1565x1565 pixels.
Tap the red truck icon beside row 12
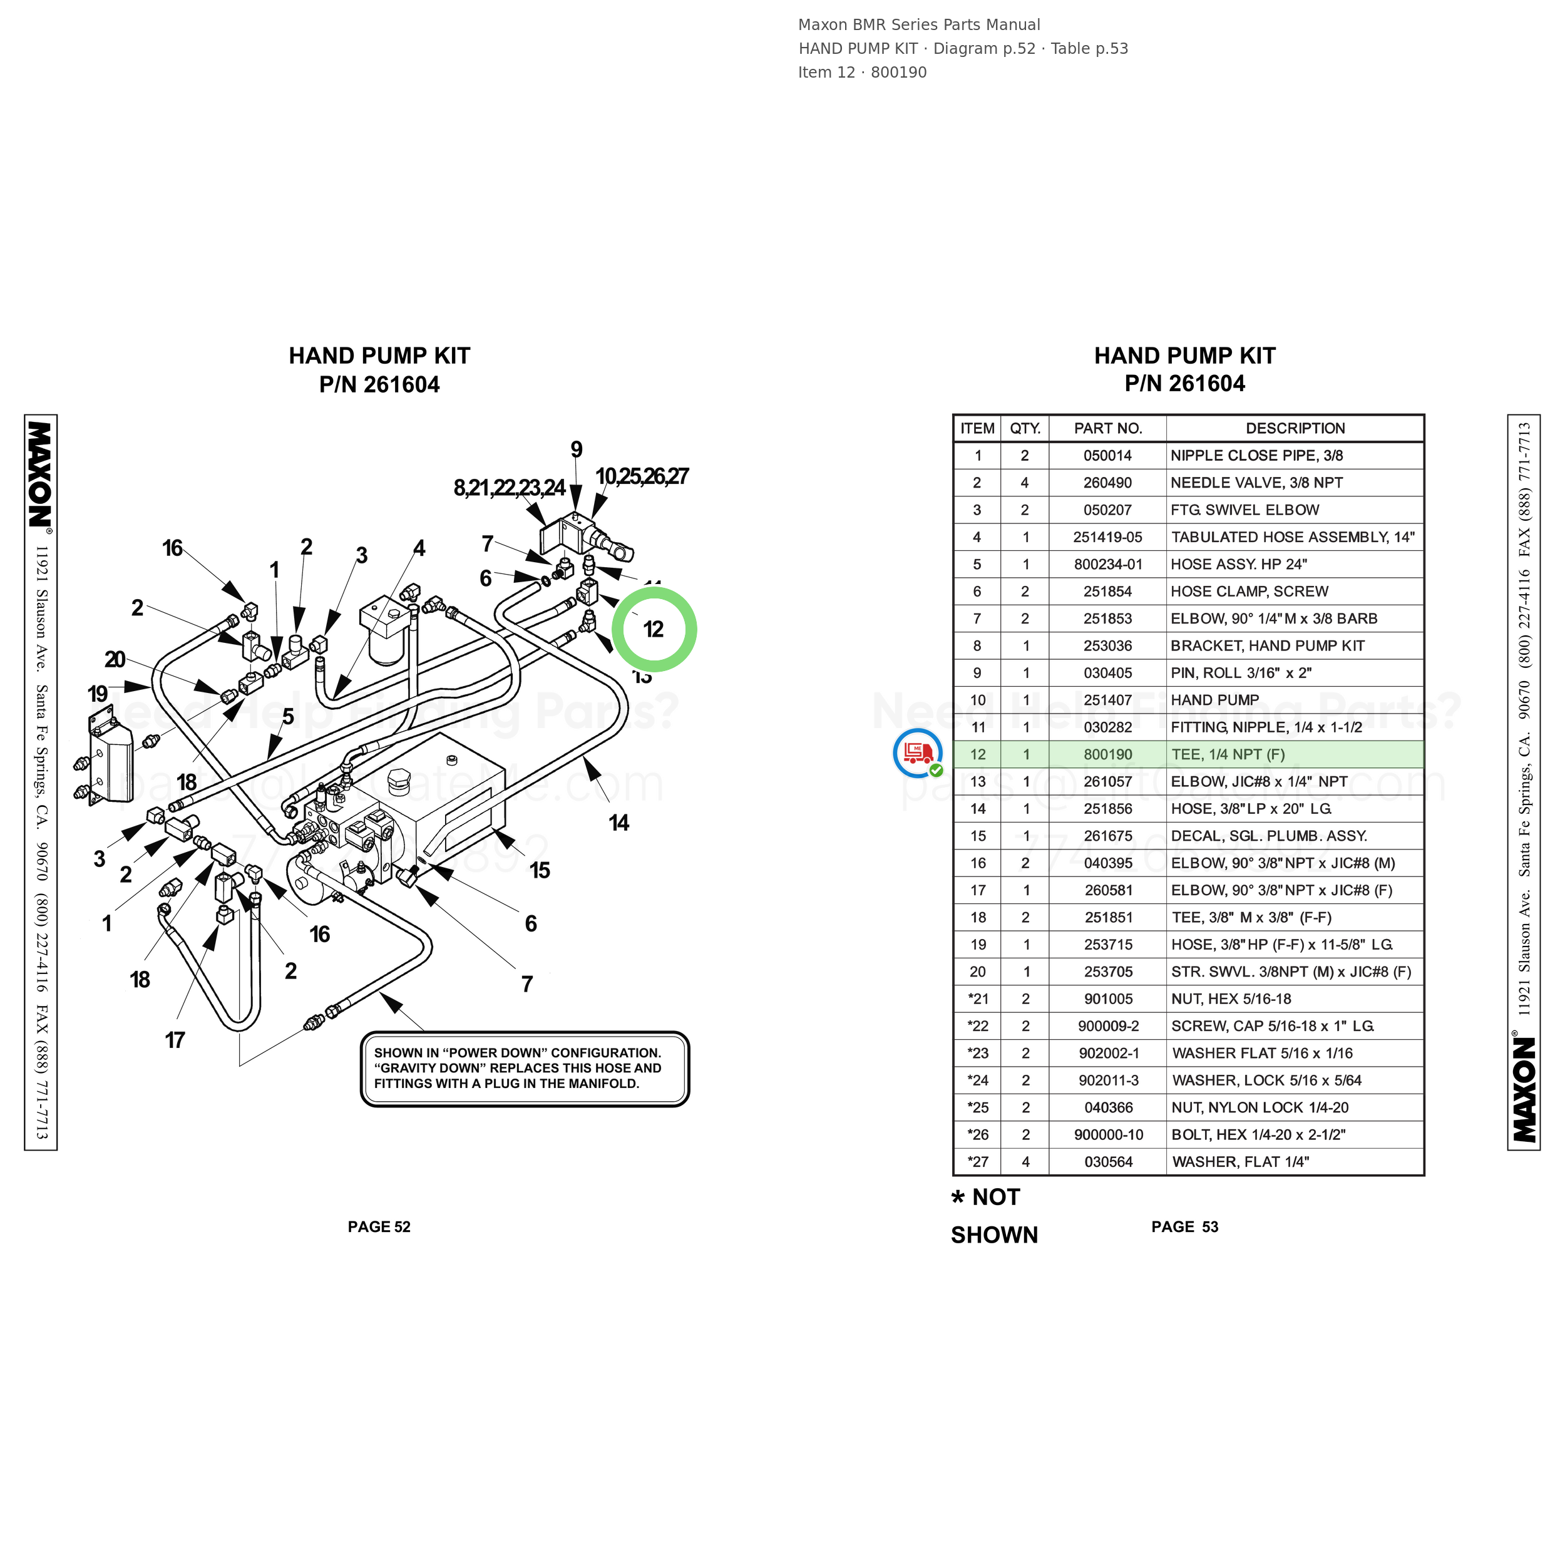tap(917, 753)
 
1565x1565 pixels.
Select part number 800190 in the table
tap(1107, 754)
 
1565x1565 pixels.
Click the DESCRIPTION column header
tap(1295, 429)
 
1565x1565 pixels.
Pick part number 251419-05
tap(1107, 537)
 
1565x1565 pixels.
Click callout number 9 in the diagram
tap(576, 449)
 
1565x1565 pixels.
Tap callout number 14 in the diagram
tap(619, 823)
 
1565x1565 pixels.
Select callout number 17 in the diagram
tap(175, 1040)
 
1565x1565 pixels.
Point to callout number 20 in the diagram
tap(115, 659)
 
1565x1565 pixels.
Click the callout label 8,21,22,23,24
tap(510, 488)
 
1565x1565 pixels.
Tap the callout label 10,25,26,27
tap(642, 476)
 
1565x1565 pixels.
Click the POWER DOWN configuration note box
tap(525, 1069)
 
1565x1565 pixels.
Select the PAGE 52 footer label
tap(379, 1226)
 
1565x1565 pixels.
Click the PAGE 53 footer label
tap(1184, 1226)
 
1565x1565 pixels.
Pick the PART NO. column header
tap(1107, 429)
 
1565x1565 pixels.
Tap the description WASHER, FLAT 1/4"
tap(1240, 1162)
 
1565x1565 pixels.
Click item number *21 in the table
tap(978, 998)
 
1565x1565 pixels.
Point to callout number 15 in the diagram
tap(540, 871)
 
